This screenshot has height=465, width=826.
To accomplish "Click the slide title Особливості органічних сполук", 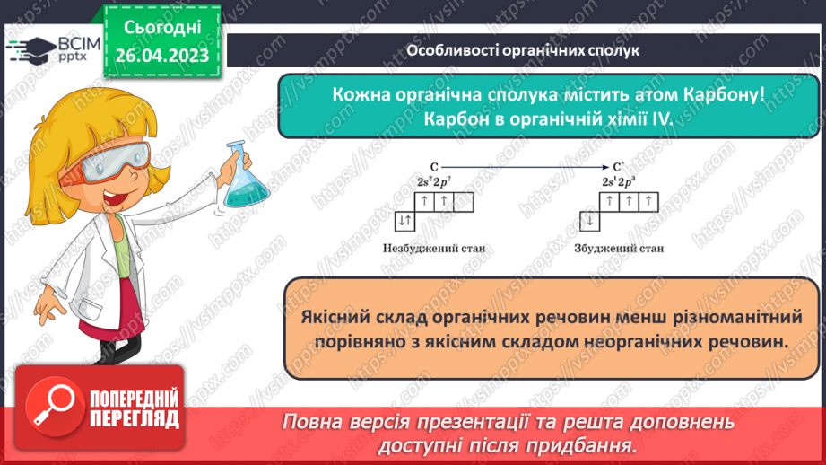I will (x=523, y=50).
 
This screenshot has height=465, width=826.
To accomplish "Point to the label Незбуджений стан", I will (x=439, y=248).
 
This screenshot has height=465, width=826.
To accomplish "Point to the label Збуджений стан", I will (x=619, y=248).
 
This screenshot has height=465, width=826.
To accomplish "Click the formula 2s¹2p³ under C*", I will (x=619, y=181).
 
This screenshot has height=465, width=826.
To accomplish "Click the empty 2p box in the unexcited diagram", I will (x=464, y=203).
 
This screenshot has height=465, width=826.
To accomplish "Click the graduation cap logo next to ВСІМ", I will (x=30, y=48).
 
